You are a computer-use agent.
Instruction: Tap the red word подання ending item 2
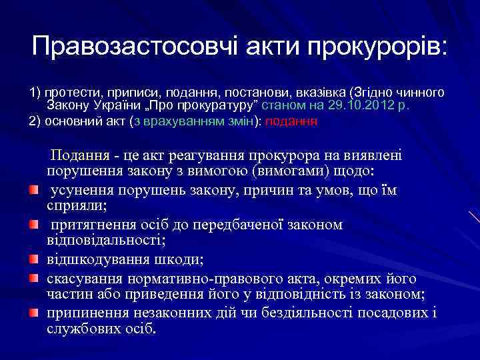293,122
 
